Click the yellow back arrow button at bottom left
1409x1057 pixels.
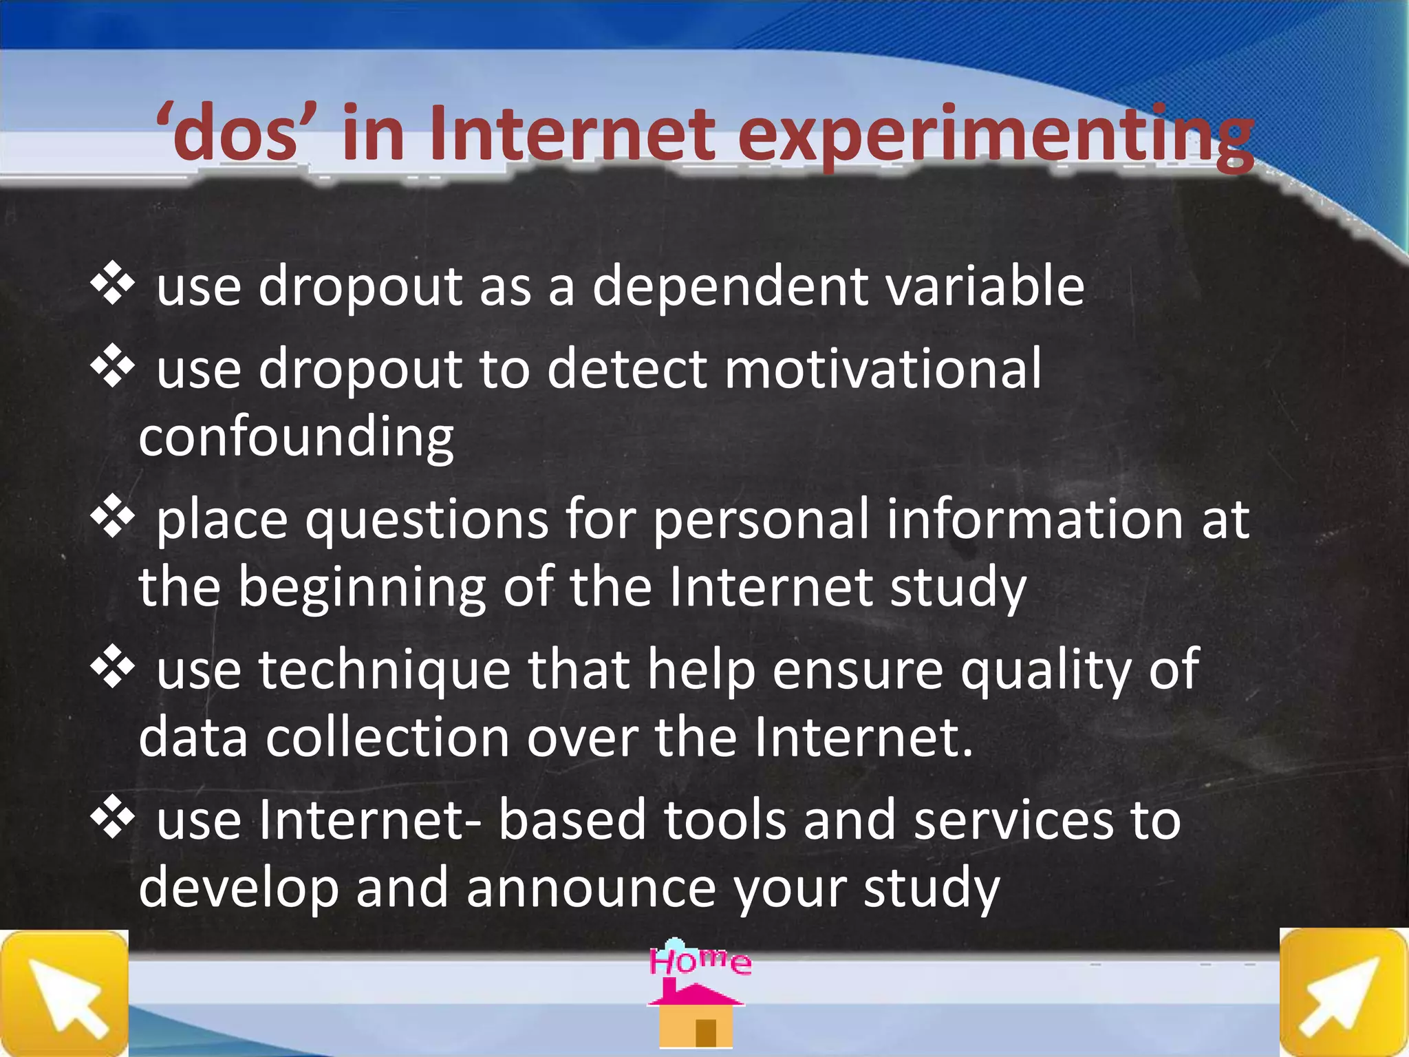pyautogui.click(x=64, y=993)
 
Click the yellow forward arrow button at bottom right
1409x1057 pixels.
pyautogui.click(x=1343, y=993)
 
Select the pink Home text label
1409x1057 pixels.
pyautogui.click(x=700, y=961)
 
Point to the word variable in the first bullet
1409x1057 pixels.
pyautogui.click(x=985, y=286)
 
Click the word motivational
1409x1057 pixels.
pyautogui.click(x=883, y=368)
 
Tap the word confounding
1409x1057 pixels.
pyautogui.click(x=296, y=436)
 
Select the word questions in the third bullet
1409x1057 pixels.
pyautogui.click(x=427, y=520)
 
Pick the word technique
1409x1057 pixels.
pyautogui.click(x=385, y=670)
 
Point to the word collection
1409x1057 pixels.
pyautogui.click(x=387, y=737)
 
